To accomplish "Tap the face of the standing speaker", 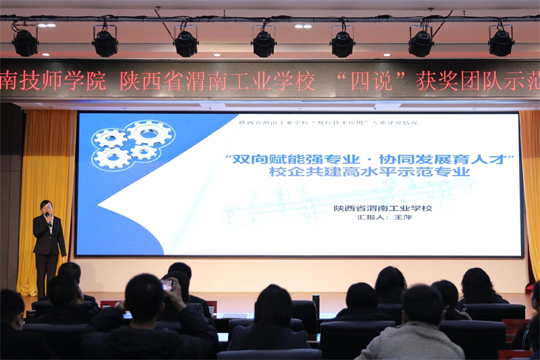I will [47, 207].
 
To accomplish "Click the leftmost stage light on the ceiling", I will [26, 43].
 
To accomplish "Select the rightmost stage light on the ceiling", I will [501, 42].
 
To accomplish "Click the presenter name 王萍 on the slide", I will [403, 219].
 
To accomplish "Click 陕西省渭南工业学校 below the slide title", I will [383, 208].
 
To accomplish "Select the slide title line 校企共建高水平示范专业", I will [369, 172].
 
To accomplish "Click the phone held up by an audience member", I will [167, 286].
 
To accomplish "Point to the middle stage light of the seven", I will [264, 42].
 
